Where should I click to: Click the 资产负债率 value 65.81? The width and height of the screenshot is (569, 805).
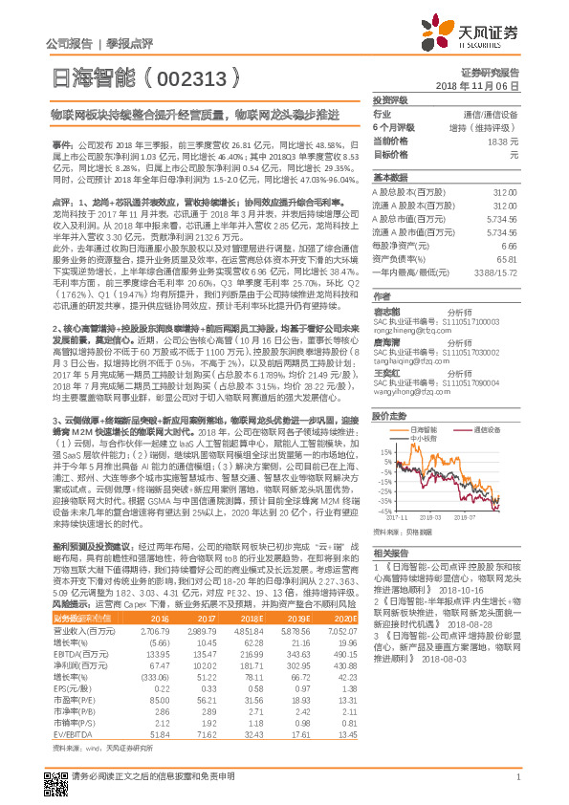pyautogui.click(x=504, y=258)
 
